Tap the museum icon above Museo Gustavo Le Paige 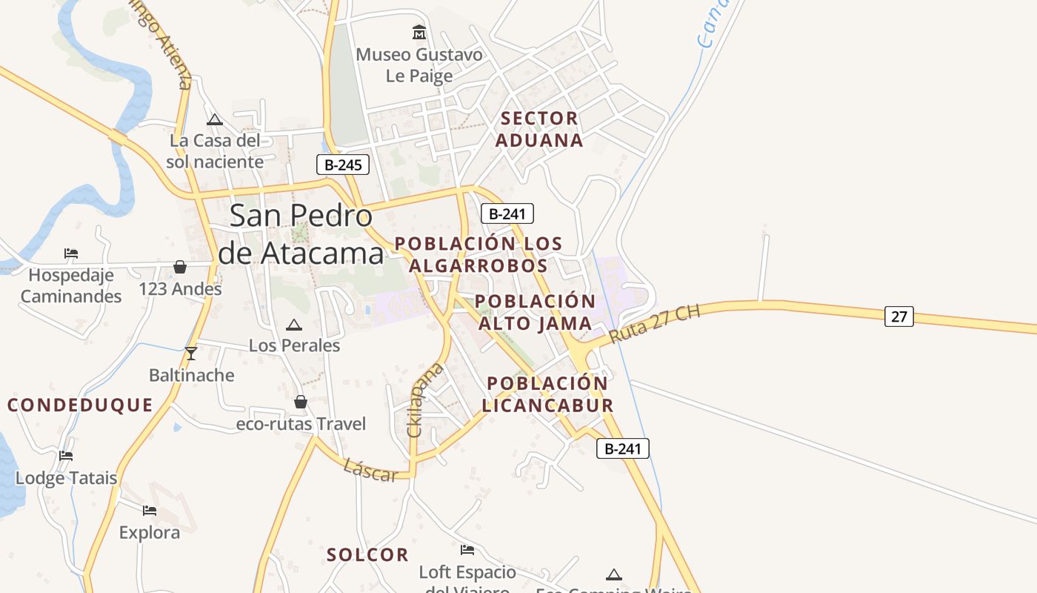pyautogui.click(x=419, y=33)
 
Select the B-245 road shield pyautogui.click(x=343, y=165)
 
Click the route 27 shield pyautogui.click(x=898, y=317)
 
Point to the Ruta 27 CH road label pyautogui.click(x=654, y=324)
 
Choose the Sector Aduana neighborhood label pyautogui.click(x=539, y=129)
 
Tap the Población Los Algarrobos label pyautogui.click(x=479, y=254)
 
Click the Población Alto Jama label pyautogui.click(x=536, y=312)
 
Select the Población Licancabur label pyautogui.click(x=547, y=394)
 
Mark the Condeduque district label pyautogui.click(x=80, y=405)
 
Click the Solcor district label pyautogui.click(x=367, y=554)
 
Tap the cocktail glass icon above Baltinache pyautogui.click(x=191, y=354)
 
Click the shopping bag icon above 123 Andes pyautogui.click(x=180, y=267)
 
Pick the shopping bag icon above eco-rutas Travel pyautogui.click(x=301, y=402)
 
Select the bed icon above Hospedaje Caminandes pyautogui.click(x=71, y=254)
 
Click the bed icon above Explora pyautogui.click(x=150, y=510)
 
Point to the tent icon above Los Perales pyautogui.click(x=294, y=325)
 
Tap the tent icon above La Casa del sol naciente pyautogui.click(x=215, y=119)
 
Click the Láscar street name pyautogui.click(x=370, y=470)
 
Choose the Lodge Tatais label pyautogui.click(x=67, y=478)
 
